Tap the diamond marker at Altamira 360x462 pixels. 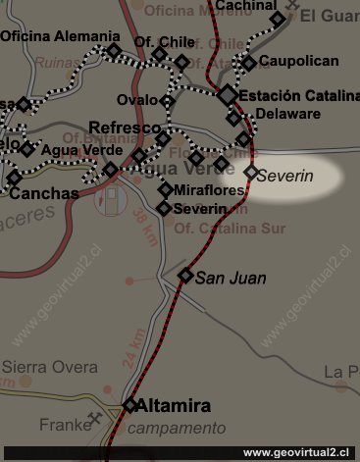[130, 405]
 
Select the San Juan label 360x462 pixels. [231, 279]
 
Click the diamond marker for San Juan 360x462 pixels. [185, 276]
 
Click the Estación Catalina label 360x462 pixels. [299, 97]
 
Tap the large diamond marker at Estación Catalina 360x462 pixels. [228, 95]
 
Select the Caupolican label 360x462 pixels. [298, 62]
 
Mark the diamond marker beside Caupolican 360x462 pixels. [249, 64]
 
